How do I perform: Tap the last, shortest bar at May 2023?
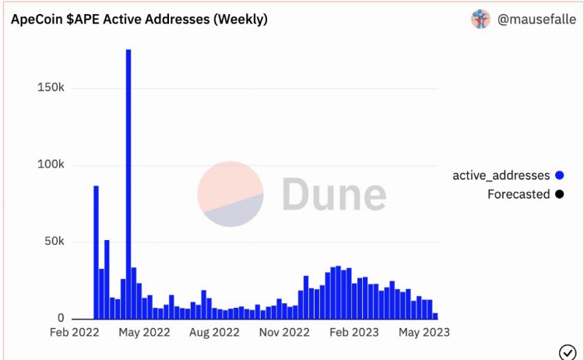pos(435,316)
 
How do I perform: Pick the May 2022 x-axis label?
pos(144,333)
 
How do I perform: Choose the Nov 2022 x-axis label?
pos(283,333)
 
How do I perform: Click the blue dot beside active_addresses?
pos(560,176)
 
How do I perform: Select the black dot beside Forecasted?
pos(560,194)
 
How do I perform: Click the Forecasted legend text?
pos(519,194)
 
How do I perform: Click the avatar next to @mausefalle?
pos(480,19)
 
